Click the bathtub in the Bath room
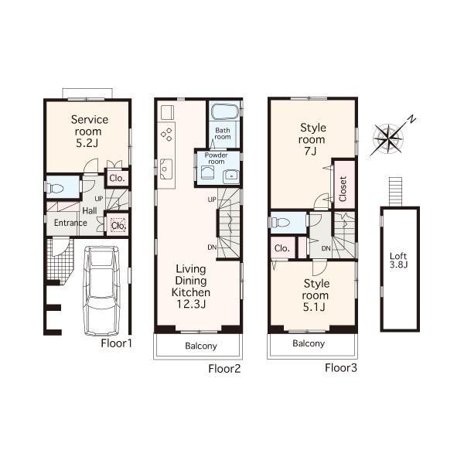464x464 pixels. click(224, 113)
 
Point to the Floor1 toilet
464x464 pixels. click(56, 187)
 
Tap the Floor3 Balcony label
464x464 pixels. click(309, 343)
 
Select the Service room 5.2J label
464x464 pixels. click(89, 131)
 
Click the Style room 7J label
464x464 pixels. click(312, 139)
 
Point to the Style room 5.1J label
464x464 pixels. click(315, 295)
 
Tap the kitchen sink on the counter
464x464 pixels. click(165, 166)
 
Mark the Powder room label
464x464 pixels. click(213, 158)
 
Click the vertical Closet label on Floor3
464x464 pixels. click(343, 188)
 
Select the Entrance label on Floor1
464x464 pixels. click(70, 223)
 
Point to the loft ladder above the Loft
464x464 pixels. click(395, 189)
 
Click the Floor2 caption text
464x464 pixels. click(224, 369)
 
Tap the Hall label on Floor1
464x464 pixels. click(89, 210)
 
